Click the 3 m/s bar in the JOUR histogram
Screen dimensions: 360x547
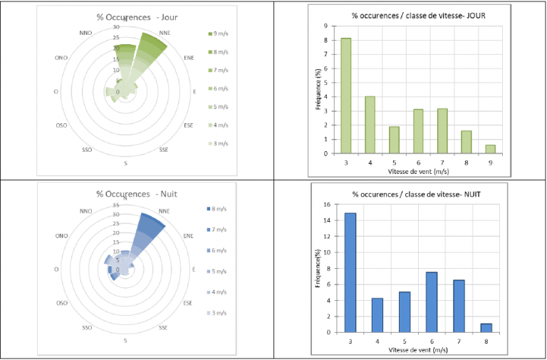tap(345, 96)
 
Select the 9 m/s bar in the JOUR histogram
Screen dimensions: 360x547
tap(491, 149)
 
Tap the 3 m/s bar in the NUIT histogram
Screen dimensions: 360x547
tap(350, 272)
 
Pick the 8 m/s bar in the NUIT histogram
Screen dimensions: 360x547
tap(486, 327)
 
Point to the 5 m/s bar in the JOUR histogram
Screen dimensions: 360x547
tap(394, 140)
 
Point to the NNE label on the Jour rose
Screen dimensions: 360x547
tap(165, 33)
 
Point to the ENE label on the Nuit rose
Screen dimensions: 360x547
tap(189, 235)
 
